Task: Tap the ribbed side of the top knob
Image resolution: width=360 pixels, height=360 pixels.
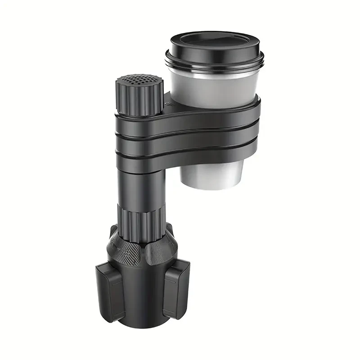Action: (135, 99)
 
